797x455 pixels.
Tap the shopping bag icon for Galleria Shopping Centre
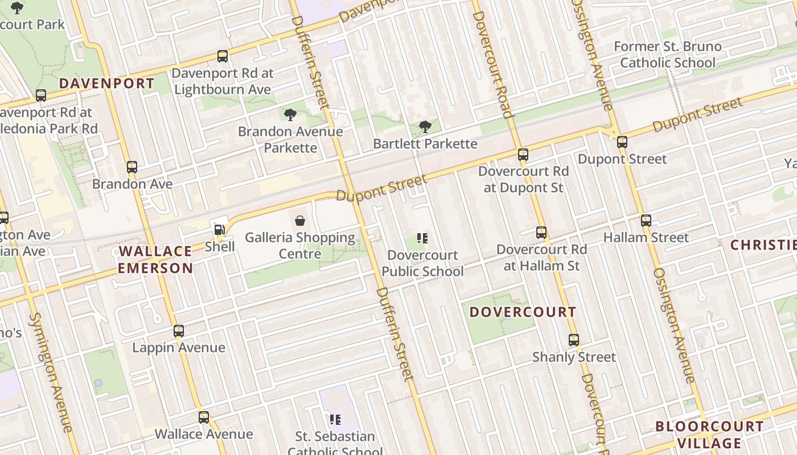click(300, 221)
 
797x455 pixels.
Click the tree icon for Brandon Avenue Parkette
click(290, 115)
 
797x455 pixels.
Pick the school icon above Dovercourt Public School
click(422, 238)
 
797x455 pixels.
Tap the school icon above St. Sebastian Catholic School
click(335, 420)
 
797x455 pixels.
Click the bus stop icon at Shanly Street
click(574, 340)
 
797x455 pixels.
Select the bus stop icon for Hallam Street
click(646, 221)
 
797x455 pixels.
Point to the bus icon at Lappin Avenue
click(179, 331)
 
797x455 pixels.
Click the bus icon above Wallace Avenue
click(204, 417)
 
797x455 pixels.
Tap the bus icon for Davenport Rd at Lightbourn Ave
click(223, 56)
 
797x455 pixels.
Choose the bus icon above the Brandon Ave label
click(132, 167)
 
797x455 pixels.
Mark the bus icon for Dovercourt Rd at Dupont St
click(523, 155)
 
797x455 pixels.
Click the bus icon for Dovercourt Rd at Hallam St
click(541, 233)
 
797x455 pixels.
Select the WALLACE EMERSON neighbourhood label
click(155, 260)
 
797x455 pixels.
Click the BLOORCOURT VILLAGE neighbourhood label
click(709, 435)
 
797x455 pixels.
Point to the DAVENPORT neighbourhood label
click(106, 84)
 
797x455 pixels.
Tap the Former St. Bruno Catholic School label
click(667, 55)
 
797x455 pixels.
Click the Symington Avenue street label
click(51, 372)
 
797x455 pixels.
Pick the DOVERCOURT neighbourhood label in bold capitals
click(523, 312)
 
